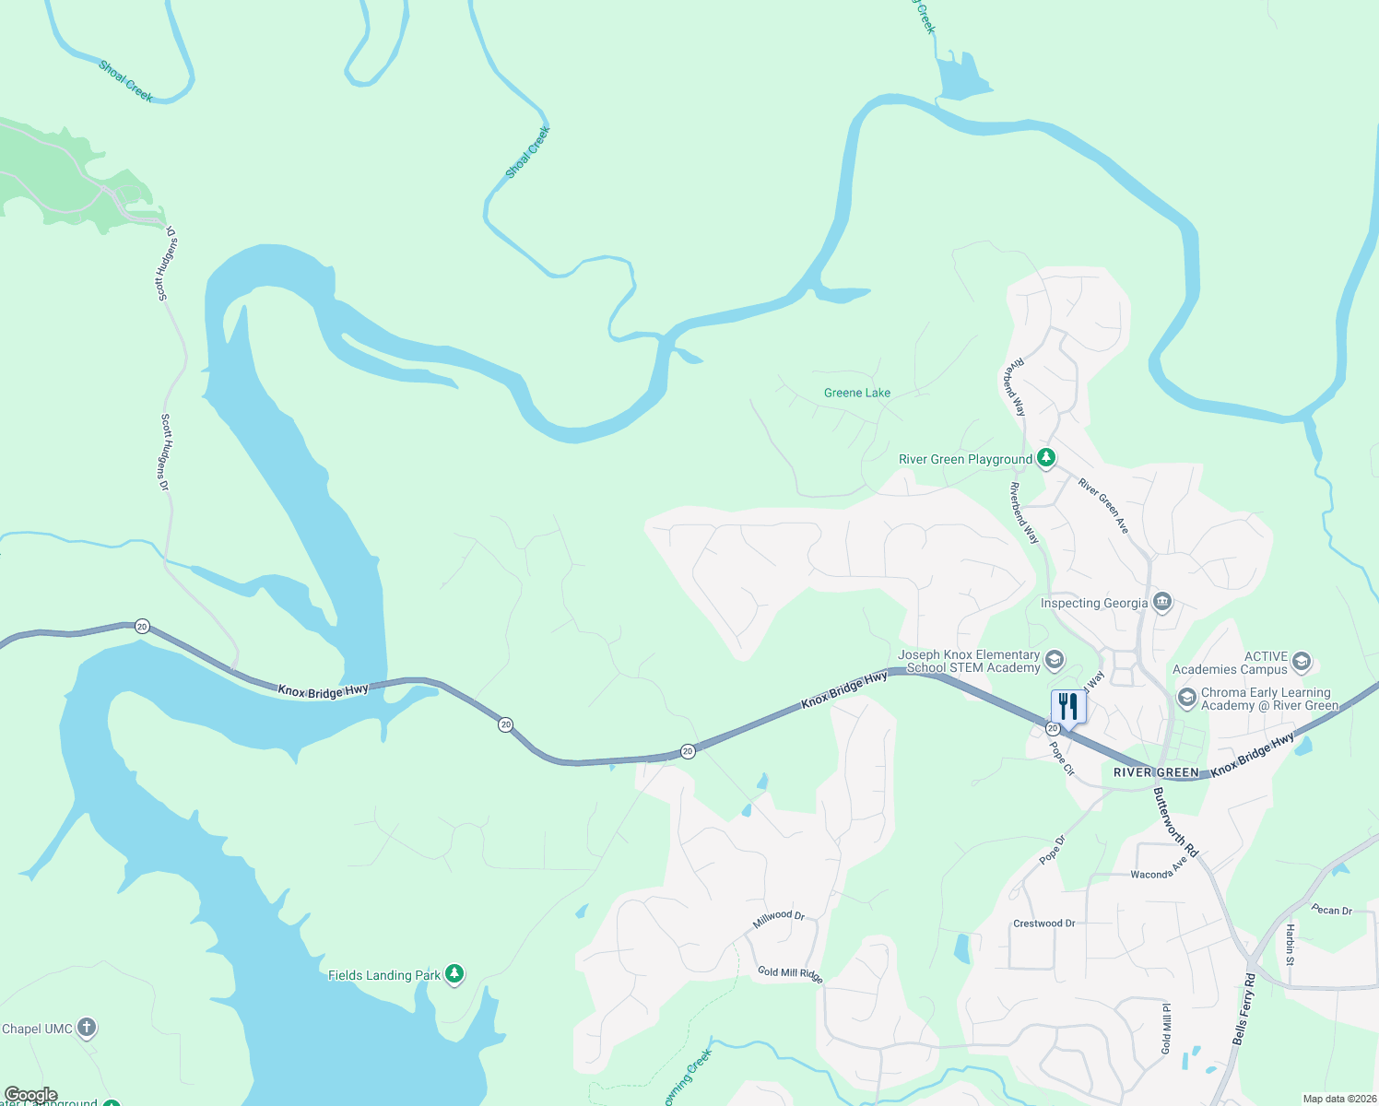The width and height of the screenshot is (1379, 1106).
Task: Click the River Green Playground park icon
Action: [x=1045, y=458]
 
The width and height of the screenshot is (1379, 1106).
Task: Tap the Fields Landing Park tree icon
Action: [x=454, y=974]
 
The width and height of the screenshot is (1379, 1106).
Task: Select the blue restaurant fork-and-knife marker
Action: [x=1068, y=707]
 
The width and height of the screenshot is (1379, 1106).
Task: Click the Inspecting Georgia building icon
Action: [x=1161, y=603]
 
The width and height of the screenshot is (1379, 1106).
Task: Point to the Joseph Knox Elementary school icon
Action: [x=1055, y=660]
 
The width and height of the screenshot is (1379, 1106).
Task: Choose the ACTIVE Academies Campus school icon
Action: [x=1301, y=661]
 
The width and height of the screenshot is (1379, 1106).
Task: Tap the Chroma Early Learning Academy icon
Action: [x=1187, y=698]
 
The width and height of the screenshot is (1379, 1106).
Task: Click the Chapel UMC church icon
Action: [x=86, y=1028]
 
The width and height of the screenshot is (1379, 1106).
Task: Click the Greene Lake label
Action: [x=857, y=393]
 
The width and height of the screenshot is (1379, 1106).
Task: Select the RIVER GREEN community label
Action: [x=1156, y=772]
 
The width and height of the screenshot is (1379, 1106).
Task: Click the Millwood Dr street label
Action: [x=779, y=918]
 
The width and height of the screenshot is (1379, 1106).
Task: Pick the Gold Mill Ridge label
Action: [x=790, y=974]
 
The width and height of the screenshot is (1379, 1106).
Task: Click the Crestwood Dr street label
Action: [x=1043, y=924]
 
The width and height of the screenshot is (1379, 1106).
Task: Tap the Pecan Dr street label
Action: [x=1331, y=910]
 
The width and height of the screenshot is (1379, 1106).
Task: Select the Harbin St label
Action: [x=1291, y=945]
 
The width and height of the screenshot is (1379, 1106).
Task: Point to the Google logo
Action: [x=31, y=1095]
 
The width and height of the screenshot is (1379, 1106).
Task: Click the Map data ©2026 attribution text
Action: [x=1338, y=1099]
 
